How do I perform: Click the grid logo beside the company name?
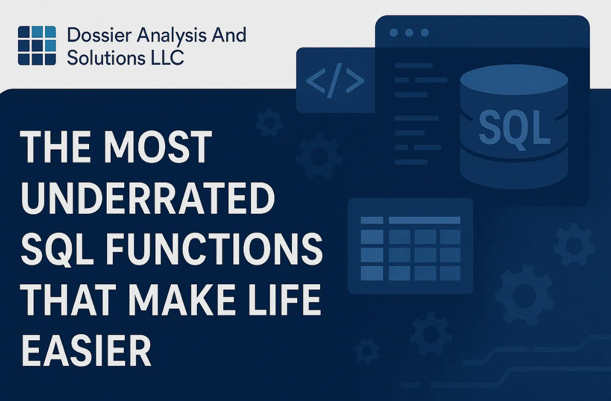tap(37, 46)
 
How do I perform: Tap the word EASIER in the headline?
tap(86, 350)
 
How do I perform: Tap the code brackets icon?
tap(335, 80)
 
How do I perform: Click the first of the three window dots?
tap(393, 33)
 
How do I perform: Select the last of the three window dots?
tap(425, 33)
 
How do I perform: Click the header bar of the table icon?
tap(424, 220)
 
